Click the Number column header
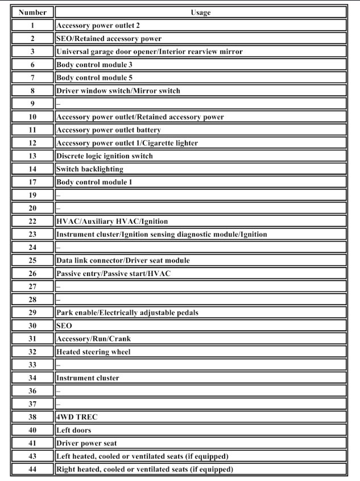(x=32, y=12)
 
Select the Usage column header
(x=201, y=12)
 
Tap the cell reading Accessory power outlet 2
(x=98, y=26)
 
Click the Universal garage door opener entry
(x=150, y=52)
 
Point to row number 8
(x=32, y=91)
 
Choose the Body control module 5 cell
(x=94, y=77)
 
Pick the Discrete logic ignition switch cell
(x=105, y=156)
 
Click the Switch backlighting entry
(x=90, y=169)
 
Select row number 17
(x=32, y=182)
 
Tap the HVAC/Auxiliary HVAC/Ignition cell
(x=112, y=221)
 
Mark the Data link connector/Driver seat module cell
(x=123, y=260)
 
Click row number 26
(x=32, y=273)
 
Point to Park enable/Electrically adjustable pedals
(x=127, y=313)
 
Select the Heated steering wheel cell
(x=93, y=352)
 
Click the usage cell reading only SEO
(x=64, y=326)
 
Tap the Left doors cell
(x=73, y=430)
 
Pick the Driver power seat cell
(x=87, y=443)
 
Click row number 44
(x=32, y=469)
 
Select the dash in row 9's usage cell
(x=59, y=104)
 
